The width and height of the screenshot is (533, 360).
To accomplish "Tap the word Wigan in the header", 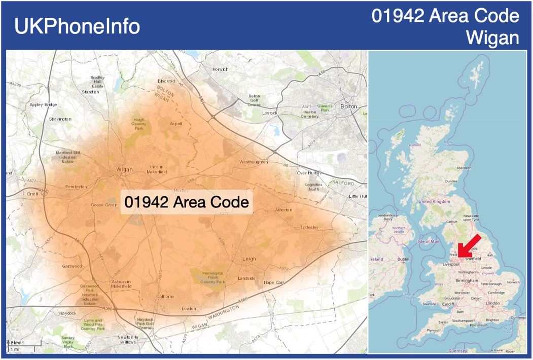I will [x=492, y=38].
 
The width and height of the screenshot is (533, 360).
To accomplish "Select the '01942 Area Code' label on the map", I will [x=187, y=202].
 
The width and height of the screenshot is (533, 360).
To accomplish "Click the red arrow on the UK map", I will [x=470, y=247].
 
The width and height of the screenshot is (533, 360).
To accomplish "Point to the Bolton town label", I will [x=348, y=106].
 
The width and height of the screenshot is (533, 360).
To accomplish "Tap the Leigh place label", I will [x=249, y=259].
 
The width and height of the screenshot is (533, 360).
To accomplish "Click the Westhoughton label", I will [x=254, y=162].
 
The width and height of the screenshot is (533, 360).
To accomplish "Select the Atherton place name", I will [x=283, y=210].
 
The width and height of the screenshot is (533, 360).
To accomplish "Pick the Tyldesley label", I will [x=309, y=227].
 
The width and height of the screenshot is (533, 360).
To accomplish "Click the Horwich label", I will [x=221, y=69].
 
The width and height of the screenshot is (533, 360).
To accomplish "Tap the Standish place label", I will [x=90, y=92].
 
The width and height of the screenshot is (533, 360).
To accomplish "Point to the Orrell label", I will [x=33, y=193].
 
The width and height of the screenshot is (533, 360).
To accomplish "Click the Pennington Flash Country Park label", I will [x=213, y=277].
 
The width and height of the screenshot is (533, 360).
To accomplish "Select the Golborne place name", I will [x=165, y=296].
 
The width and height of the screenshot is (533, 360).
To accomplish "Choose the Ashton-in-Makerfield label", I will [x=121, y=284].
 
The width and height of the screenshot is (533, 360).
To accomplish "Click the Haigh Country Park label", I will [x=138, y=124].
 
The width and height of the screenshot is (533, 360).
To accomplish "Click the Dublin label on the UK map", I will [x=404, y=260].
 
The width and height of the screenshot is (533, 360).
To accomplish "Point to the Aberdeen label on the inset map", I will [x=464, y=168].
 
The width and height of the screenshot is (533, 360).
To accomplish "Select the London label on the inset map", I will [x=492, y=303].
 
